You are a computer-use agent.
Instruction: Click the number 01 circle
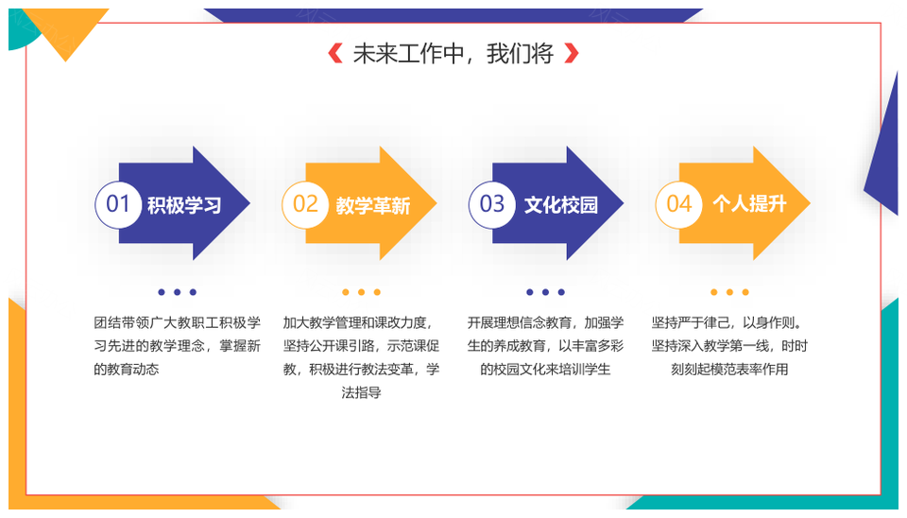point(118,204)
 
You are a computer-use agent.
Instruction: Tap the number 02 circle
point(305,204)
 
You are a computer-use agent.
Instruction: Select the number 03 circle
point(491,204)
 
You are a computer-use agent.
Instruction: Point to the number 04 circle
point(678,204)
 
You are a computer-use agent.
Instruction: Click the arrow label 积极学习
point(184,205)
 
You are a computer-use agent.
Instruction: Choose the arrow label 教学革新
point(372,205)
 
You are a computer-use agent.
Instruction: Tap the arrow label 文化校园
point(560,205)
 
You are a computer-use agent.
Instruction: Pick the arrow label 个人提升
point(749,204)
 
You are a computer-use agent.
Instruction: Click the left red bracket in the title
point(334,53)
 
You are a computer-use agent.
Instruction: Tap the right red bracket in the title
point(571,53)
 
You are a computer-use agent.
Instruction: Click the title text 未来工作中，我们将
point(453,53)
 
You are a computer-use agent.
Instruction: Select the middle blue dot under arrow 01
point(177,292)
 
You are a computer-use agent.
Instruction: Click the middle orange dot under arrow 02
point(361,292)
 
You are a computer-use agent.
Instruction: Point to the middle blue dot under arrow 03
point(545,292)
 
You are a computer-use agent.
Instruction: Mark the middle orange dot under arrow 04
point(729,292)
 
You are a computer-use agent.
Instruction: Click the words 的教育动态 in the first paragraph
point(126,370)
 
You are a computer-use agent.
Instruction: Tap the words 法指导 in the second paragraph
point(361,392)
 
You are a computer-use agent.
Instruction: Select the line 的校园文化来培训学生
point(545,370)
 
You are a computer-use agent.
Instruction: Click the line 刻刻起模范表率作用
point(729,370)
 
